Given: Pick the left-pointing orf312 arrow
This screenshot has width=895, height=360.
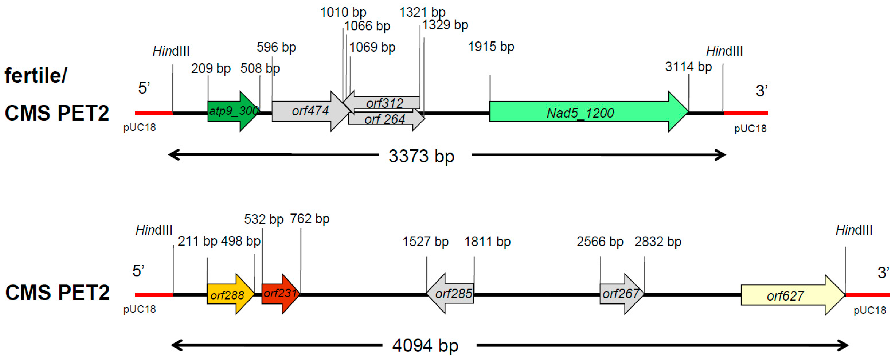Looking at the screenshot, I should [384, 103].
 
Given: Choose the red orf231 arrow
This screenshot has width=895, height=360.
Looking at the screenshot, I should [280, 294].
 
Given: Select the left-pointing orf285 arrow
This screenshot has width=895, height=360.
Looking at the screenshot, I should [452, 294].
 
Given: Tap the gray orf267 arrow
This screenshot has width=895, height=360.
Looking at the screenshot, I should [620, 294].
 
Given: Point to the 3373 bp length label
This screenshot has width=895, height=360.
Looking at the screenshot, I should [421, 156].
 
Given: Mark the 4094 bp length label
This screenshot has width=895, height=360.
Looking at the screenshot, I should [425, 345].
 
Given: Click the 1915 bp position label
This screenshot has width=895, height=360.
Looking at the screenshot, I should [491, 47].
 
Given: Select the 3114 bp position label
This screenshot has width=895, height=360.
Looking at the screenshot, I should [688, 67].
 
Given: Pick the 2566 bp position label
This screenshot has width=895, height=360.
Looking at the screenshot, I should [600, 242].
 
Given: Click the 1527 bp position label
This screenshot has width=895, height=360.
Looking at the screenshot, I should [425, 242].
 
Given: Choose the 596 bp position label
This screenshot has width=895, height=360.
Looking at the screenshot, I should [276, 47].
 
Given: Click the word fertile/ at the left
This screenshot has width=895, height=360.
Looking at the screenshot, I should [36, 76].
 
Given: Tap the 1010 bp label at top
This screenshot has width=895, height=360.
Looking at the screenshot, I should [343, 12].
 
